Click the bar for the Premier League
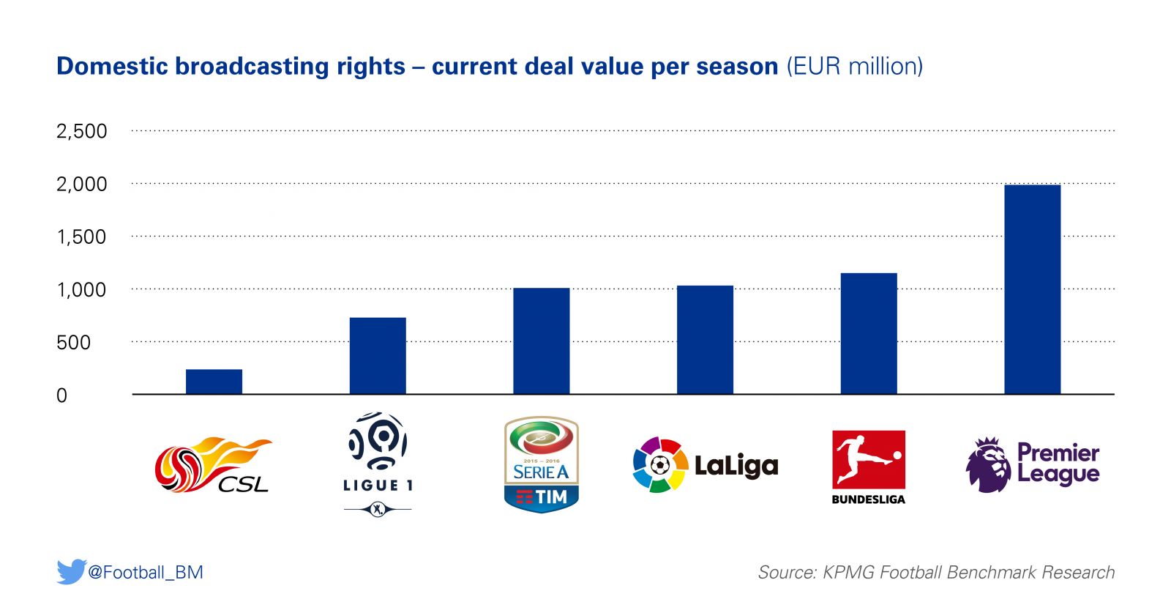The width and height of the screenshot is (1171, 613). click(1032, 289)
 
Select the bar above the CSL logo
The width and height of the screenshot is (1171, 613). click(214, 382)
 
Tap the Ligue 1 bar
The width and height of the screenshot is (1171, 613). click(378, 356)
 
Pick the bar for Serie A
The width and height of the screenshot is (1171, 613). click(541, 341)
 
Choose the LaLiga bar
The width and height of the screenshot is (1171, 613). click(705, 340)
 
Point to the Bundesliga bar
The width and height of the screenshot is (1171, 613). click(869, 334)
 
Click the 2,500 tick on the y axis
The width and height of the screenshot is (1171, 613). click(81, 132)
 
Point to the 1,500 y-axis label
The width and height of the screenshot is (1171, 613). click(81, 237)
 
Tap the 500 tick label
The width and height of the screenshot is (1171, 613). click(73, 343)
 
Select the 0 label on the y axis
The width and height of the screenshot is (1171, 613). click(61, 395)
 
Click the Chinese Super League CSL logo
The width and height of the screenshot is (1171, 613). click(212, 465)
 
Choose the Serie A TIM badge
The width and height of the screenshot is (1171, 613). click(542, 464)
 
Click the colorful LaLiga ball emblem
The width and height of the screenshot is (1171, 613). click(660, 465)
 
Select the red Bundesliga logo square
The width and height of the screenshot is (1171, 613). click(869, 460)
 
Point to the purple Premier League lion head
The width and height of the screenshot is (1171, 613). click(988, 465)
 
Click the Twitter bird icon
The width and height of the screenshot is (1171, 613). click(71, 571)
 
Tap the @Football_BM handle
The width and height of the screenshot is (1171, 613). click(146, 572)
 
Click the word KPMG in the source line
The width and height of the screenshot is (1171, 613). click(848, 572)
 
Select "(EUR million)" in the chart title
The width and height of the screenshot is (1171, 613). click(854, 67)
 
